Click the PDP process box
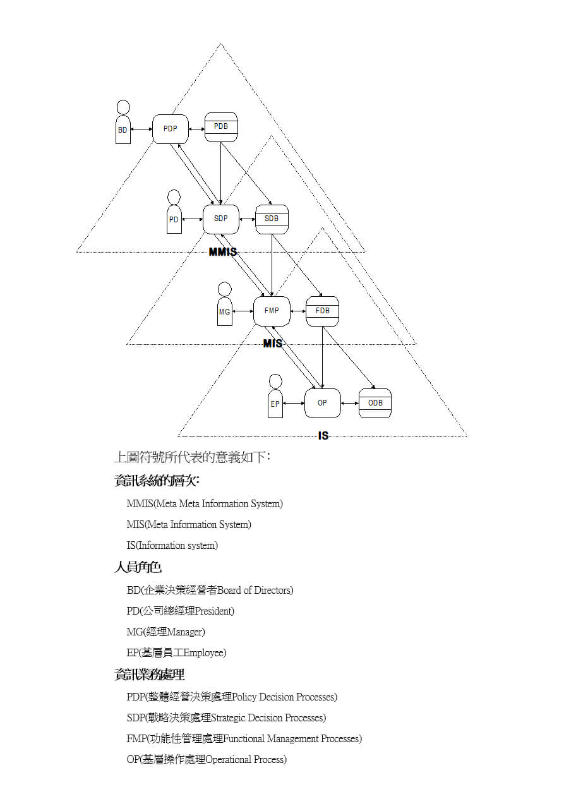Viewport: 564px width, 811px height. [x=170, y=129]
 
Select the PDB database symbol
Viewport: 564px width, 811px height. [x=221, y=127]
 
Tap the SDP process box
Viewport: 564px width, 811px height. [x=221, y=219]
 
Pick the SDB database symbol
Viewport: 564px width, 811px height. [x=272, y=219]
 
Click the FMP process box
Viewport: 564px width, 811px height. [x=272, y=311]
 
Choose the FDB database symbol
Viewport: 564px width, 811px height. [x=323, y=311]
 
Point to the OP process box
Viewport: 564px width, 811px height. [x=323, y=403]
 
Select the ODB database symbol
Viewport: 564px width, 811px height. [x=375, y=403]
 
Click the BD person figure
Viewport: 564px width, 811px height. [x=123, y=122]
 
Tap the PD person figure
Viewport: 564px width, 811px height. [x=174, y=212]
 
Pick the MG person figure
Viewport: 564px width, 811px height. [x=225, y=304]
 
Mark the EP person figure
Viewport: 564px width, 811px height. [x=275, y=396]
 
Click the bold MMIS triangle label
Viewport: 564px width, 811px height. [x=223, y=251]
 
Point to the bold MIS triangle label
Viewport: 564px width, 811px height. [x=273, y=343]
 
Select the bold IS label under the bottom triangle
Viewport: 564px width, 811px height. [x=323, y=436]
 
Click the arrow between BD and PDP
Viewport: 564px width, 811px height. [x=141, y=129]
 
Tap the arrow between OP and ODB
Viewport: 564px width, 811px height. [x=350, y=403]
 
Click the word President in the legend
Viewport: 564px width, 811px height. [x=213, y=611]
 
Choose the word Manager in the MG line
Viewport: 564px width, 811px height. [x=184, y=632]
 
